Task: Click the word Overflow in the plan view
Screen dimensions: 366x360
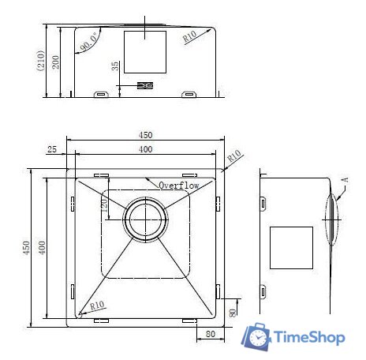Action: pyautogui.click(x=179, y=186)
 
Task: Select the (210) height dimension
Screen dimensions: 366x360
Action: pyautogui.click(x=40, y=61)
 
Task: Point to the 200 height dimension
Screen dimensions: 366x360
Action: pyautogui.click(x=55, y=62)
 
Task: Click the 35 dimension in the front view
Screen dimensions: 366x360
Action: pyautogui.click(x=115, y=66)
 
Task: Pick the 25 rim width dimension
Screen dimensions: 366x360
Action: pyautogui.click(x=52, y=149)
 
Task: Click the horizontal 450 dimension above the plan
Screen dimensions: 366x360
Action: pyautogui.click(x=145, y=135)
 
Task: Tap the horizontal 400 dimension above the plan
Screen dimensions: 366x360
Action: pyautogui.click(x=145, y=149)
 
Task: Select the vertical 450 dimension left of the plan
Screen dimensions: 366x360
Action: pyautogui.click(x=27, y=248)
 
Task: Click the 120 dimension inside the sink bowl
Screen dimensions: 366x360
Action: pyautogui.click(x=104, y=205)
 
